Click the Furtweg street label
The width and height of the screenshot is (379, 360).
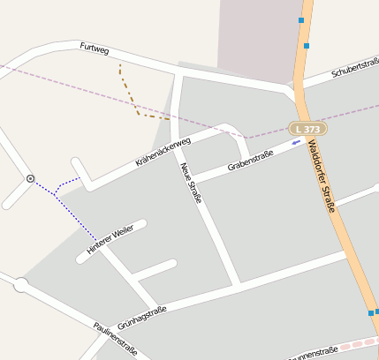click(x=94, y=49)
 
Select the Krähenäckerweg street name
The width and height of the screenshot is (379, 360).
click(x=163, y=152)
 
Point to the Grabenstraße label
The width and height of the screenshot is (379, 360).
click(x=250, y=159)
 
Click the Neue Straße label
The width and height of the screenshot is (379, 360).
click(x=191, y=183)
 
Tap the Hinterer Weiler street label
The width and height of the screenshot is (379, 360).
click(x=110, y=239)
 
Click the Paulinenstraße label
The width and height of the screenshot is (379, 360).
click(x=116, y=340)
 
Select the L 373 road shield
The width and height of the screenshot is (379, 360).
click(x=307, y=129)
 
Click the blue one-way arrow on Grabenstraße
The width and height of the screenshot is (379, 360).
click(x=296, y=144)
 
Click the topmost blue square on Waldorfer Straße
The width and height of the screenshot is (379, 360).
click(x=301, y=19)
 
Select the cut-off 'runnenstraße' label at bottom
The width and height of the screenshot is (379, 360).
click(x=313, y=353)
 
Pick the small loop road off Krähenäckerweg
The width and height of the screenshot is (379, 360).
click(x=237, y=139)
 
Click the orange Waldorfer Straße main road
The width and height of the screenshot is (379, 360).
click(x=345, y=238)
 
